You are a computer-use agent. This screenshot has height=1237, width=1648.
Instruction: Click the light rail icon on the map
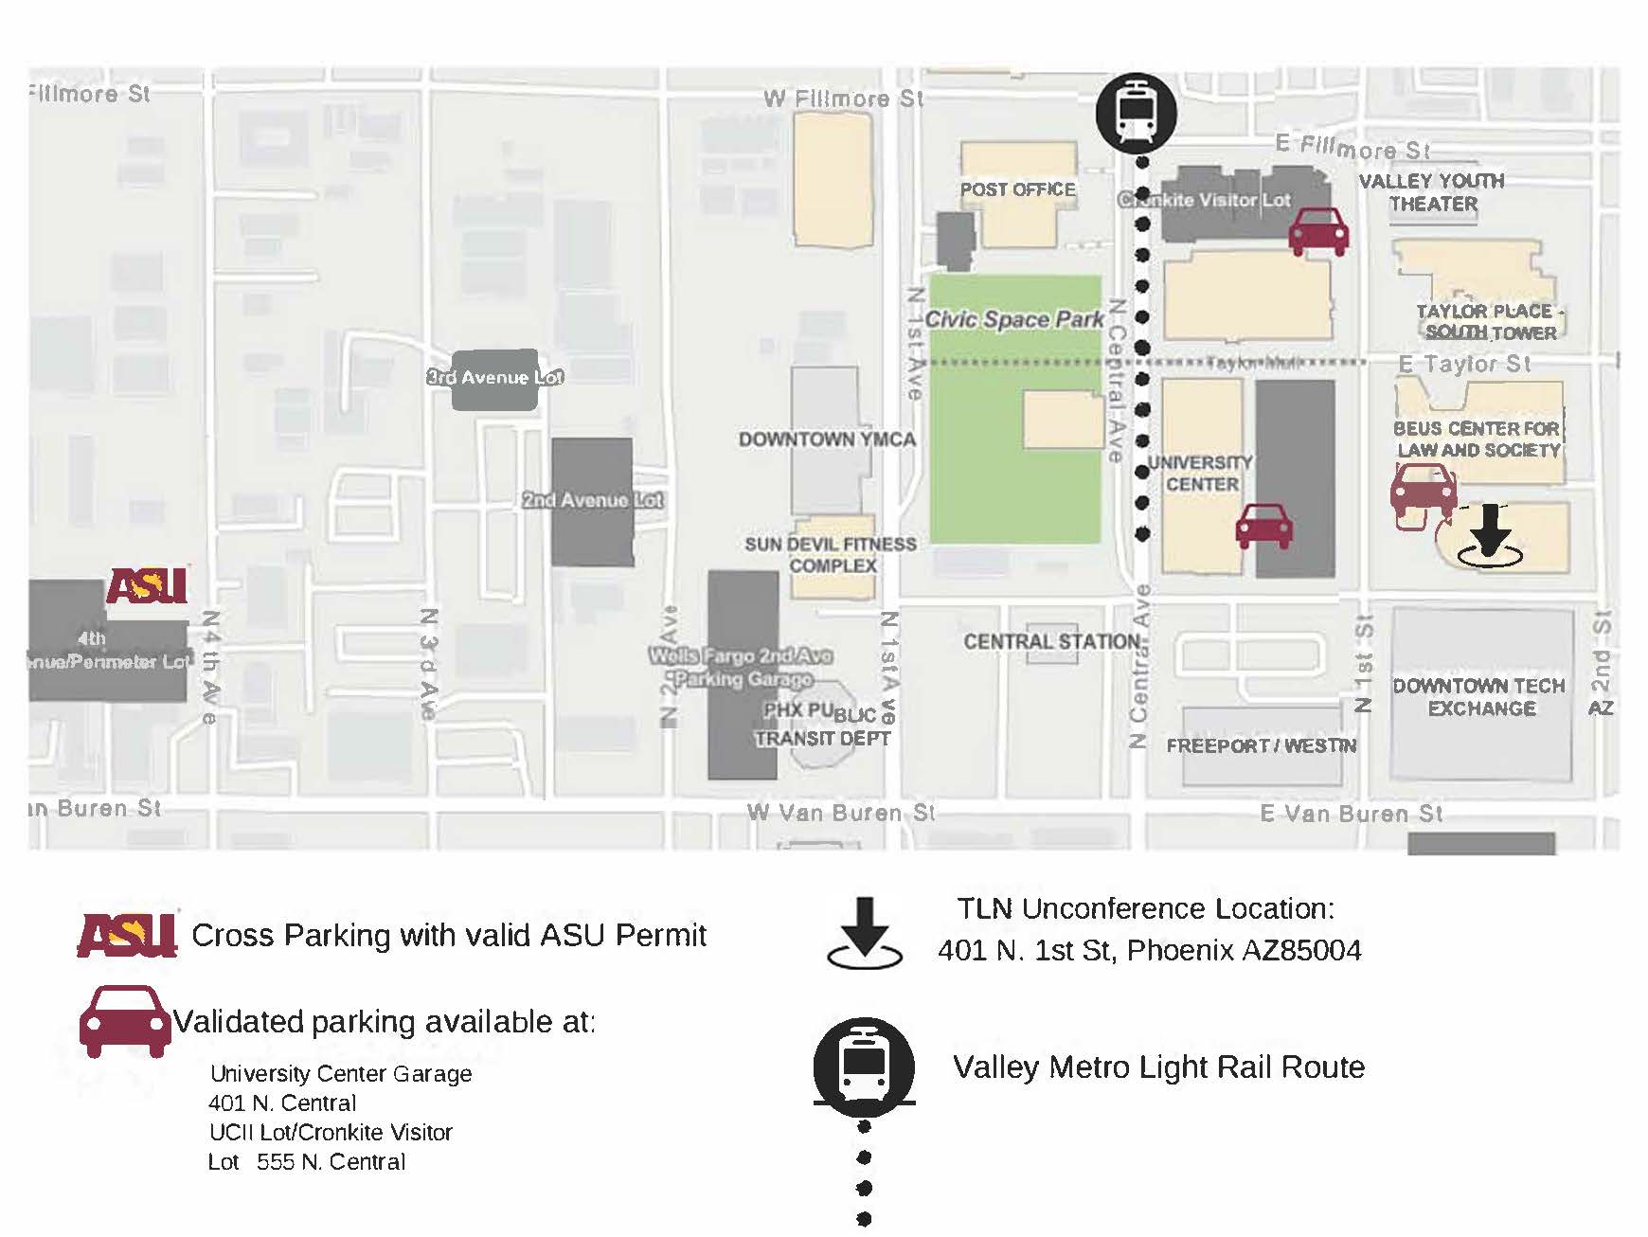[1136, 113]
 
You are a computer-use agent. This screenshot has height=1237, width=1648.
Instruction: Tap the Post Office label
[1017, 189]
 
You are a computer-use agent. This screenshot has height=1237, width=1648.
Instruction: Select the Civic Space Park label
[1014, 320]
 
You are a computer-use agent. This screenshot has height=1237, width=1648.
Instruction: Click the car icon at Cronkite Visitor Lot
[1318, 231]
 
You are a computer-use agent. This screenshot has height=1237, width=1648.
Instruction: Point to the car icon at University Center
[1264, 527]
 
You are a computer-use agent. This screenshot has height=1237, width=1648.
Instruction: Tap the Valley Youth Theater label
[1432, 192]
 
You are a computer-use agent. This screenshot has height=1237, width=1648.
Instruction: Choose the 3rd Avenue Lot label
[494, 377]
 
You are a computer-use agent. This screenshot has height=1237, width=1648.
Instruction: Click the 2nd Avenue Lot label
[593, 500]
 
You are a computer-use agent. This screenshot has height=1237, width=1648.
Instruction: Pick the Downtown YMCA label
[827, 439]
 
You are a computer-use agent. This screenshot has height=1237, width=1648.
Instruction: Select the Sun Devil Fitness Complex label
[831, 555]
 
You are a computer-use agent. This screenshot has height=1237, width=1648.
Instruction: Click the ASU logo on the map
[147, 585]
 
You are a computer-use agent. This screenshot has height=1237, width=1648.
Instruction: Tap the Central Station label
[1051, 642]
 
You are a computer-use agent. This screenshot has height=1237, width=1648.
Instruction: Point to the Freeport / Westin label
[1262, 746]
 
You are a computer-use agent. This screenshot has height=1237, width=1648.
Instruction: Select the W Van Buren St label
[840, 813]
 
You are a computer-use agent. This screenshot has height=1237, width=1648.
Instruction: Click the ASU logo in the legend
[127, 935]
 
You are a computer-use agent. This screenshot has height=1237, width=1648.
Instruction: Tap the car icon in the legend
[125, 1021]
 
